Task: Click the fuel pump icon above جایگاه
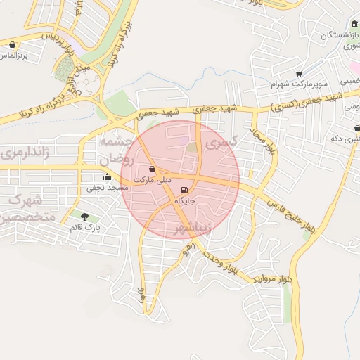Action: pos(184,190)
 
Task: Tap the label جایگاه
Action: pos(184,201)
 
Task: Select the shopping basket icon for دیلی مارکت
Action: pos(153,169)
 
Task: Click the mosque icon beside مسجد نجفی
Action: pos(107,176)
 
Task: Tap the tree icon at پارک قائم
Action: pos(85,217)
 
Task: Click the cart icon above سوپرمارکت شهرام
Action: pos(299,73)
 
